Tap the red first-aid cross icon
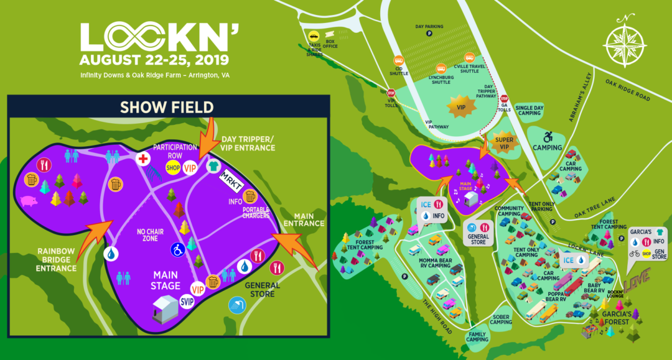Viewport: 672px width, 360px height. pos(144,159)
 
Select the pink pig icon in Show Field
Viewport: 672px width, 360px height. pos(29,201)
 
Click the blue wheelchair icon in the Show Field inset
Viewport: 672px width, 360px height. pos(177,249)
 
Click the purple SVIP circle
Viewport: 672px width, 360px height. pos(187,302)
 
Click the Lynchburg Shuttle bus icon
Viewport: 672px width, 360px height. pos(441,70)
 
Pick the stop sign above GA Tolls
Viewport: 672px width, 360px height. pos(505,98)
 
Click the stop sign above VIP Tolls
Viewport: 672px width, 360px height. pos(391,93)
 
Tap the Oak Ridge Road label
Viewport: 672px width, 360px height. pos(628,90)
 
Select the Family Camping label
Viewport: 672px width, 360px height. pos(478,336)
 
